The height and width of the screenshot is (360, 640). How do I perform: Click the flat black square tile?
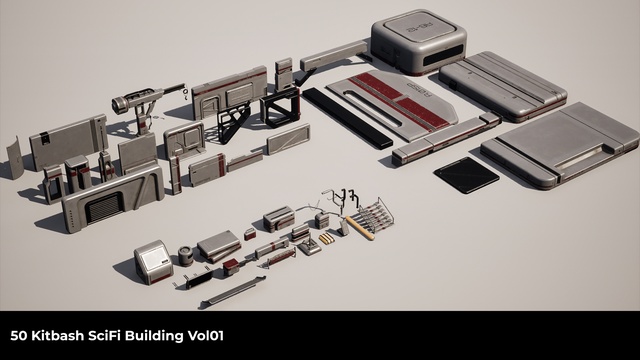click(466, 175)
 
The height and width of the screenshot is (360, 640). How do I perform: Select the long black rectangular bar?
click(347, 118)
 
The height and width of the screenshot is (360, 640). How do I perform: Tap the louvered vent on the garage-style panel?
click(104, 207)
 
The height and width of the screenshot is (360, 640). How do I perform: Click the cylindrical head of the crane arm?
click(120, 104)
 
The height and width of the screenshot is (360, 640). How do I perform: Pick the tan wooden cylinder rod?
click(360, 228)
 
